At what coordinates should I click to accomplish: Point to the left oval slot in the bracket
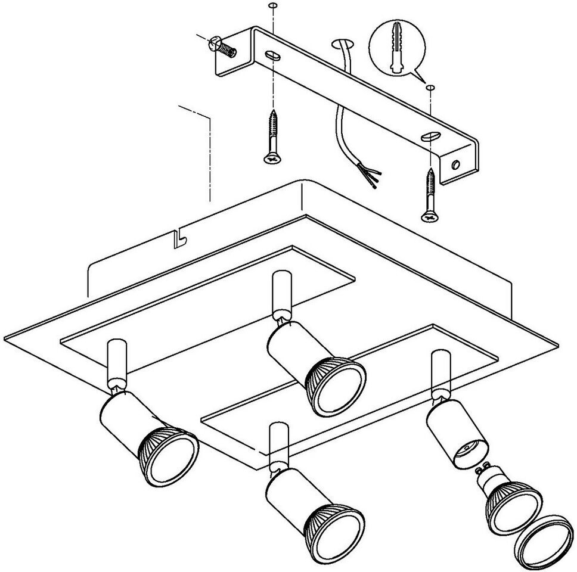tap(273, 55)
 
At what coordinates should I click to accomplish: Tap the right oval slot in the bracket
tap(429, 137)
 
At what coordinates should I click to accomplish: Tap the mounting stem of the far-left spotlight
tap(115, 364)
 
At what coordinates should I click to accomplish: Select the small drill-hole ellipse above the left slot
tap(272, 6)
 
